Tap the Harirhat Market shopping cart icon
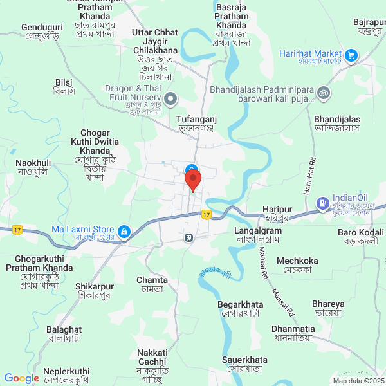[x=351, y=55]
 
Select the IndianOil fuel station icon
[x=321, y=204]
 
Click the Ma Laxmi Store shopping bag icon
[x=124, y=230]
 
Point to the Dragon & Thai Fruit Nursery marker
[x=170, y=98]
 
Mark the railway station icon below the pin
[x=188, y=237]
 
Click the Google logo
[x=21, y=378]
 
